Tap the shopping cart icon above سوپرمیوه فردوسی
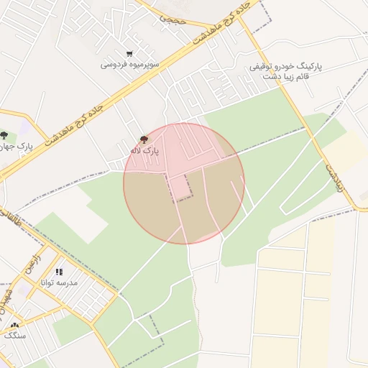[129, 53]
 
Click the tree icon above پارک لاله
[144, 139]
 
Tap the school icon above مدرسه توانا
[60, 272]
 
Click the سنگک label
[14, 336]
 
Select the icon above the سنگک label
[14, 325]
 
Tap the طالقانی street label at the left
[11, 218]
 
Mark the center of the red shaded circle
[184, 183]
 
